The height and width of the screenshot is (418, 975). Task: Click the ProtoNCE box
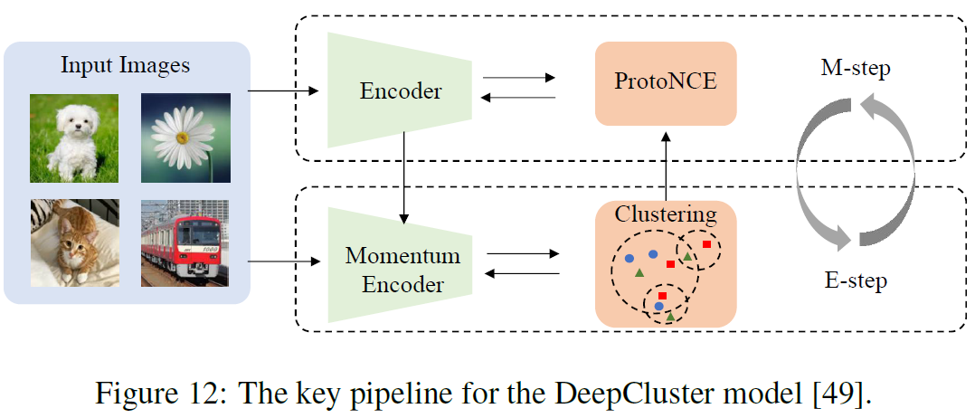coord(666,83)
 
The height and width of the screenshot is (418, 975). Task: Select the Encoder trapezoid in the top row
coord(401,90)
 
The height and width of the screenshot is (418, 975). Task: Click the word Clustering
coord(666,214)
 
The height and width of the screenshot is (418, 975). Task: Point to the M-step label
coord(856,70)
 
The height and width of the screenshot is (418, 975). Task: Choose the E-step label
coord(856,280)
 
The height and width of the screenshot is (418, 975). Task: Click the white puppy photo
coord(73,138)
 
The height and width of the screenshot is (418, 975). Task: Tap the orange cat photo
coord(73,243)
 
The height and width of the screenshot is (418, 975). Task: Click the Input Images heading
coord(126,65)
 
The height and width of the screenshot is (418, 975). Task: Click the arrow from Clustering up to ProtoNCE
coord(666,163)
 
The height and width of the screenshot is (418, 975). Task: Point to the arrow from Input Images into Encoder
coord(283,90)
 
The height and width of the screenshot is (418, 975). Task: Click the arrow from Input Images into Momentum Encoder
coord(283,262)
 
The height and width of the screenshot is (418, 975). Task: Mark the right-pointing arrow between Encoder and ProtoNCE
coord(519,78)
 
